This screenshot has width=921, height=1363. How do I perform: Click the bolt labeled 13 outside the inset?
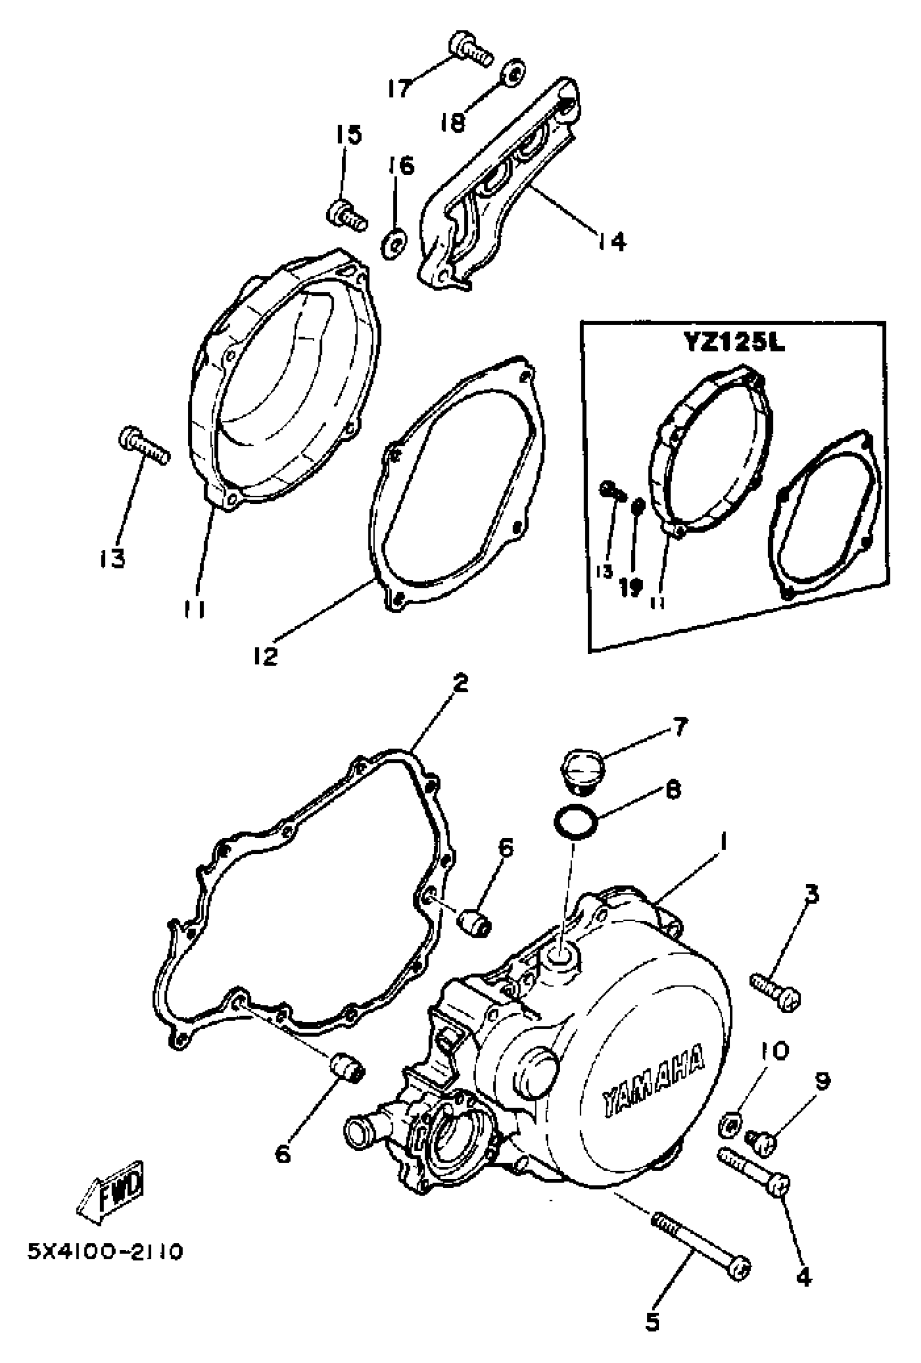(142, 445)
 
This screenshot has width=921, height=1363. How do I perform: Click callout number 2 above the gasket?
(461, 683)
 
